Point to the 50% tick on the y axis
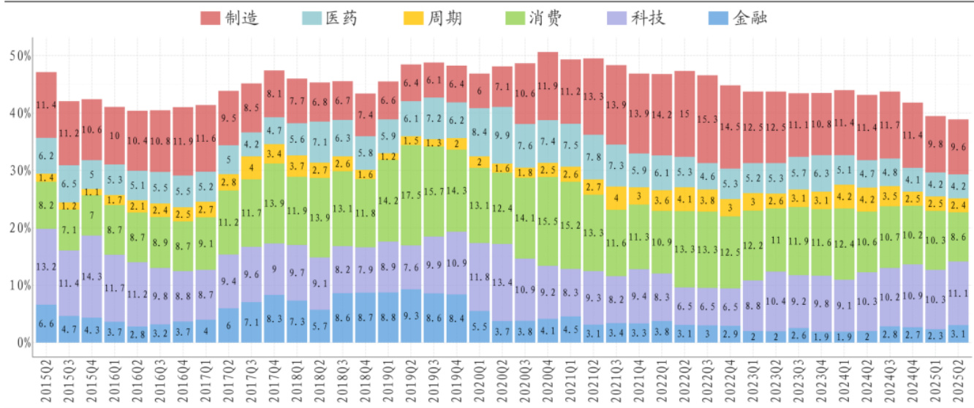pos(20,56)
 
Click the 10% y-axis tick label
pos(20,284)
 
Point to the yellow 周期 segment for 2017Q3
pos(252,167)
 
